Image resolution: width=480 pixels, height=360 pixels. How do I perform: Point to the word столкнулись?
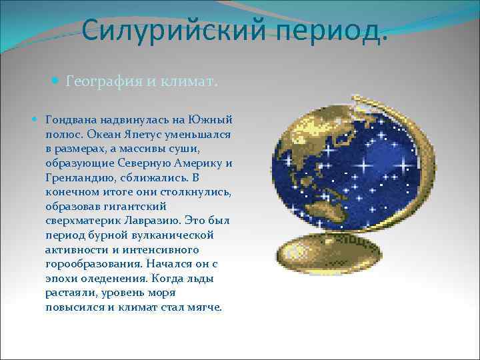pyautogui.click(x=195, y=193)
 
